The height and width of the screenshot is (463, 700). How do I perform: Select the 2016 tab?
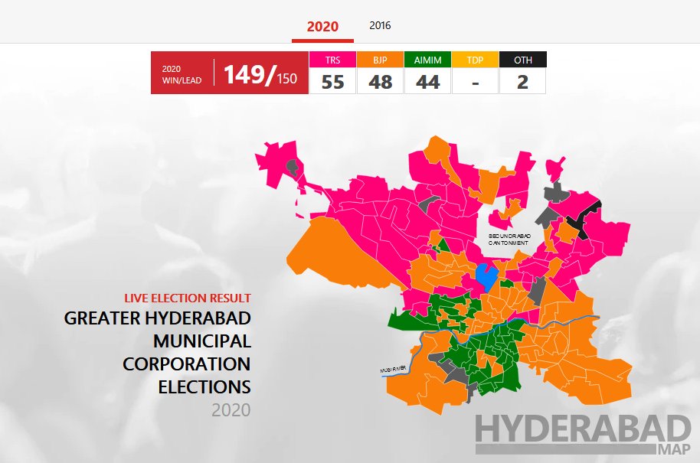pyautogui.click(x=380, y=25)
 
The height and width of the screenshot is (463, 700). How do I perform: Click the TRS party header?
pyautogui.click(x=332, y=59)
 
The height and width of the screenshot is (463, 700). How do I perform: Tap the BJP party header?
pyautogui.click(x=380, y=59)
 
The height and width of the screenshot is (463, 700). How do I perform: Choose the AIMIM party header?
pyautogui.click(x=427, y=59)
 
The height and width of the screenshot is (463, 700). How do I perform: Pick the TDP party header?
pyautogui.click(x=475, y=59)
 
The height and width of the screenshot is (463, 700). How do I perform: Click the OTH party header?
pyautogui.click(x=522, y=59)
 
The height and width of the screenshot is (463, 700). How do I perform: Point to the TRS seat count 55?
pyautogui.click(x=332, y=81)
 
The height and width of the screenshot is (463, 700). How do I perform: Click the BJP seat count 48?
pyautogui.click(x=380, y=81)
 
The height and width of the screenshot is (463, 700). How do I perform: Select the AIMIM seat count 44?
pyautogui.click(x=427, y=81)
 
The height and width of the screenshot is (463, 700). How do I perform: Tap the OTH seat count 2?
pyautogui.click(x=522, y=81)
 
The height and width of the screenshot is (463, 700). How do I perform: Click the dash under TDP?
pyautogui.click(x=475, y=81)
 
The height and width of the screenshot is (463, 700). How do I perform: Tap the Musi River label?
pyautogui.click(x=391, y=370)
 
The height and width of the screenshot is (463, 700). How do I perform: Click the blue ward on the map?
pyautogui.click(x=484, y=276)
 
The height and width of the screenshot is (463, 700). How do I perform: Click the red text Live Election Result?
pyautogui.click(x=188, y=298)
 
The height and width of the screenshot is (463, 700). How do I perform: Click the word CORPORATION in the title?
pyautogui.click(x=186, y=363)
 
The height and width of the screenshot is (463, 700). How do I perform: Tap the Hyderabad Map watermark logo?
pyautogui.click(x=582, y=433)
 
